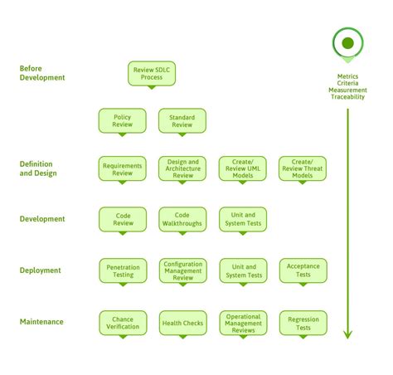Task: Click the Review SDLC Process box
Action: click(x=152, y=72)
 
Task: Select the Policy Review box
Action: click(x=122, y=121)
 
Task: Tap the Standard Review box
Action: click(x=182, y=121)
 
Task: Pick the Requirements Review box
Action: click(x=122, y=168)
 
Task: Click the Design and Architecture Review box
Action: click(x=182, y=168)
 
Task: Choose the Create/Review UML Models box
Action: click(x=242, y=168)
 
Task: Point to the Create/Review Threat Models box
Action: click(x=303, y=168)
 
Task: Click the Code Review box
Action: click(x=122, y=219)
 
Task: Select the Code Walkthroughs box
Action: click(x=182, y=219)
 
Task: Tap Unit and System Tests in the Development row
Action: click(x=242, y=219)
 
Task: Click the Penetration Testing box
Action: click(x=122, y=270)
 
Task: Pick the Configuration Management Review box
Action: click(x=182, y=270)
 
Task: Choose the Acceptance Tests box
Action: click(x=303, y=270)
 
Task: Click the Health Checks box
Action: click(x=182, y=323)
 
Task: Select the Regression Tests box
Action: click(x=303, y=323)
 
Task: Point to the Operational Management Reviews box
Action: click(x=242, y=322)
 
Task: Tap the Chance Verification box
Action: click(x=122, y=322)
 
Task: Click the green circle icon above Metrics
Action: click(x=347, y=43)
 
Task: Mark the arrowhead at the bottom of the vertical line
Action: click(x=347, y=334)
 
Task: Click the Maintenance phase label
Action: click(x=41, y=322)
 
